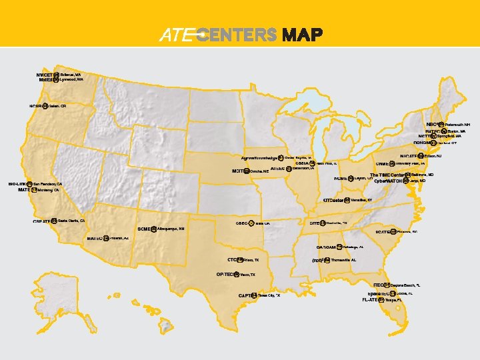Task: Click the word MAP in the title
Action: coord(303,35)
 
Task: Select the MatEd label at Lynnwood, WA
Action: coord(45,80)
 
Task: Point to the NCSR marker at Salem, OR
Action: coord(45,105)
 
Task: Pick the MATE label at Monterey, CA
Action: coord(24,190)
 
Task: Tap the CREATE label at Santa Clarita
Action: coord(41,221)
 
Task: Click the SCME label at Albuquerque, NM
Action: coord(144,229)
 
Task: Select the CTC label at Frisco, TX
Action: coord(233,259)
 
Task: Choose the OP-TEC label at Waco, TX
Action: coord(225,274)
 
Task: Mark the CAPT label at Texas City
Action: coord(244,295)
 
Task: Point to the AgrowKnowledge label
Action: coord(259,158)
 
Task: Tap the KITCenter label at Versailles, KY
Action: coord(333,200)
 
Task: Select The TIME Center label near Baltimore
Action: coord(387,175)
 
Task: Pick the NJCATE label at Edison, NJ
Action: coord(405,156)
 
